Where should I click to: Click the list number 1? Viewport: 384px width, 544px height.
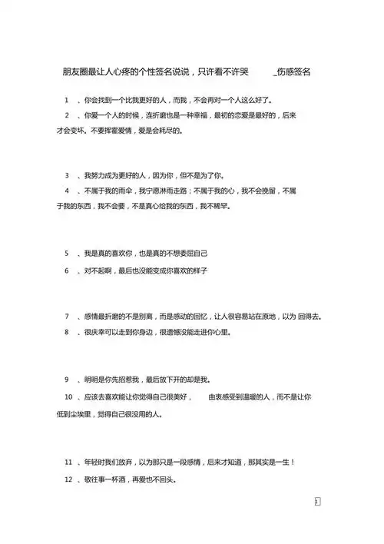pyautogui.click(x=68, y=100)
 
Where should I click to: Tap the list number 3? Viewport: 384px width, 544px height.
pyautogui.click(x=68, y=175)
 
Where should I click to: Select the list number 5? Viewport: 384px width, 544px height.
pyautogui.click(x=68, y=253)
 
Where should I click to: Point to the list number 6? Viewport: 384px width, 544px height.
pyautogui.click(x=68, y=271)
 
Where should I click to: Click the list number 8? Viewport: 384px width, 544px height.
pyautogui.click(x=68, y=333)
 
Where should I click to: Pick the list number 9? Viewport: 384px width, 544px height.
pyautogui.click(x=68, y=379)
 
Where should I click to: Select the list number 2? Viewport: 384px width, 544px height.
pyautogui.click(x=68, y=115)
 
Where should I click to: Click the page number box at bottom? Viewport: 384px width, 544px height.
pyautogui.click(x=317, y=501)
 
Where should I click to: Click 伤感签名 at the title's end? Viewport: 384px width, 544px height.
pyautogui.click(x=296, y=71)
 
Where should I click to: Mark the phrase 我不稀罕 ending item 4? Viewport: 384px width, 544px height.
pyautogui.click(x=215, y=206)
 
